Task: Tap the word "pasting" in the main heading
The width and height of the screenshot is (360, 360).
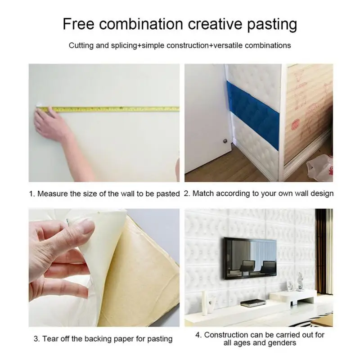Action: click(x=272, y=25)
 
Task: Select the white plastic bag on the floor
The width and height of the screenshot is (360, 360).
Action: click(x=320, y=166)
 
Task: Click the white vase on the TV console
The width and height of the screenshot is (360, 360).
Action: click(x=206, y=302)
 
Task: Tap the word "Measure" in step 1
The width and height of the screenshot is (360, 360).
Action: click(x=53, y=194)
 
